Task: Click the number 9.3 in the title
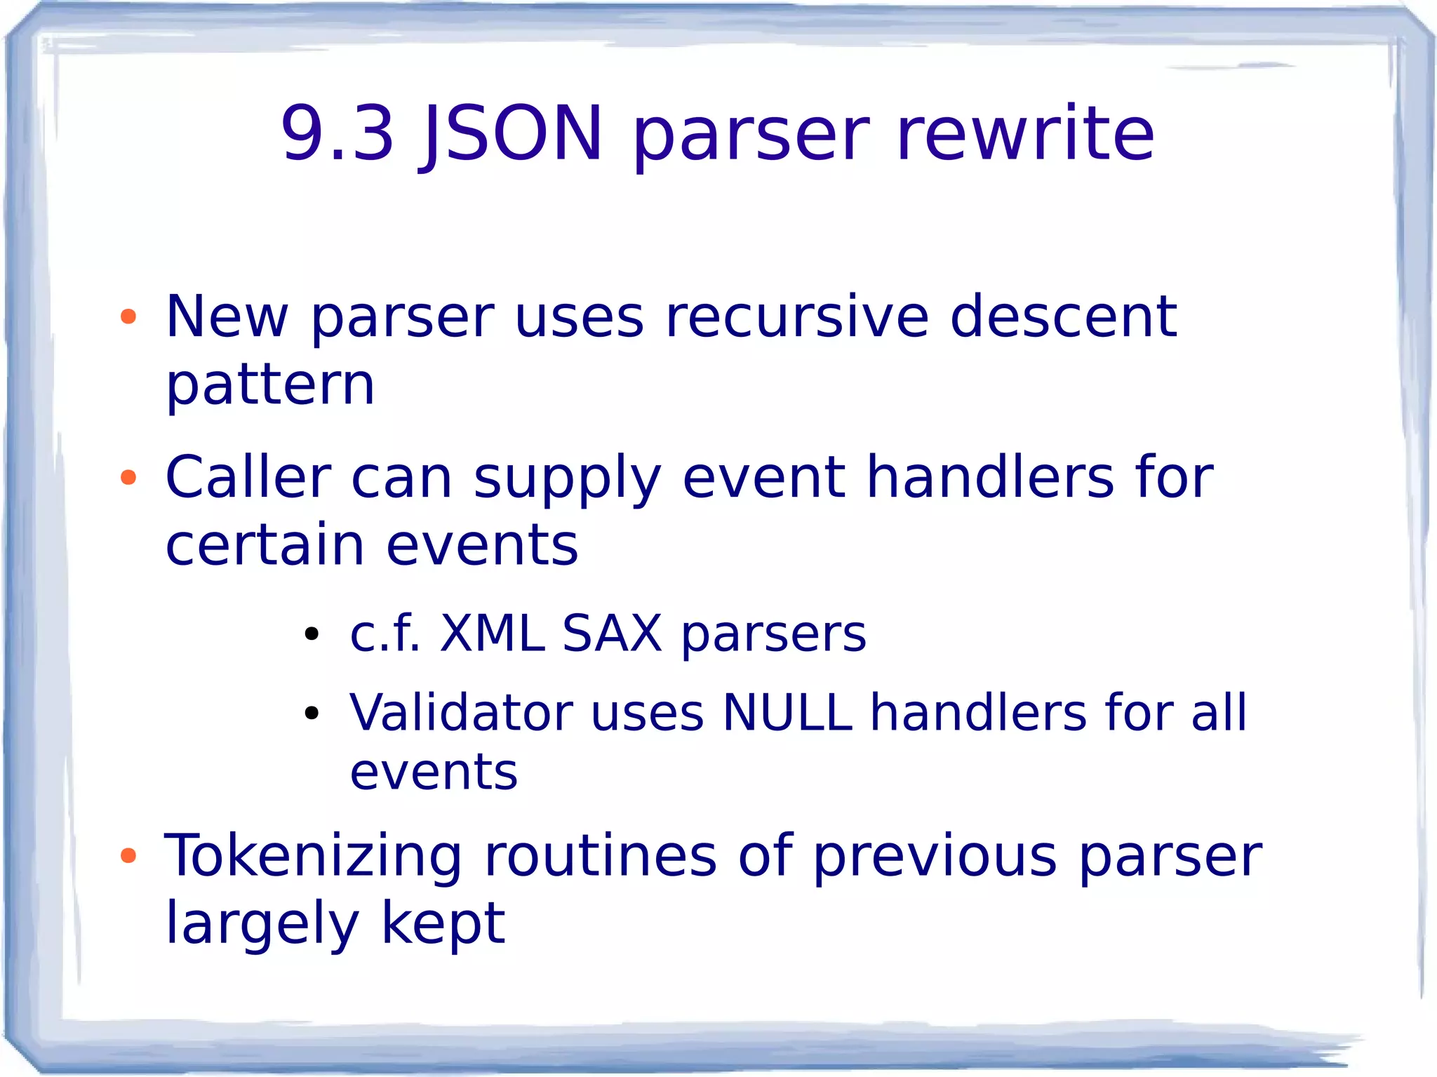337,133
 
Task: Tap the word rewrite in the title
1025,133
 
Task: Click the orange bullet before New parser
128,317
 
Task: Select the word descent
1063,317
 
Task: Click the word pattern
270,385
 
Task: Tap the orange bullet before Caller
128,479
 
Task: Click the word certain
265,545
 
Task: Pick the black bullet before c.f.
312,636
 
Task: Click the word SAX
612,634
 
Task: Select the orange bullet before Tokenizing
128,856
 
